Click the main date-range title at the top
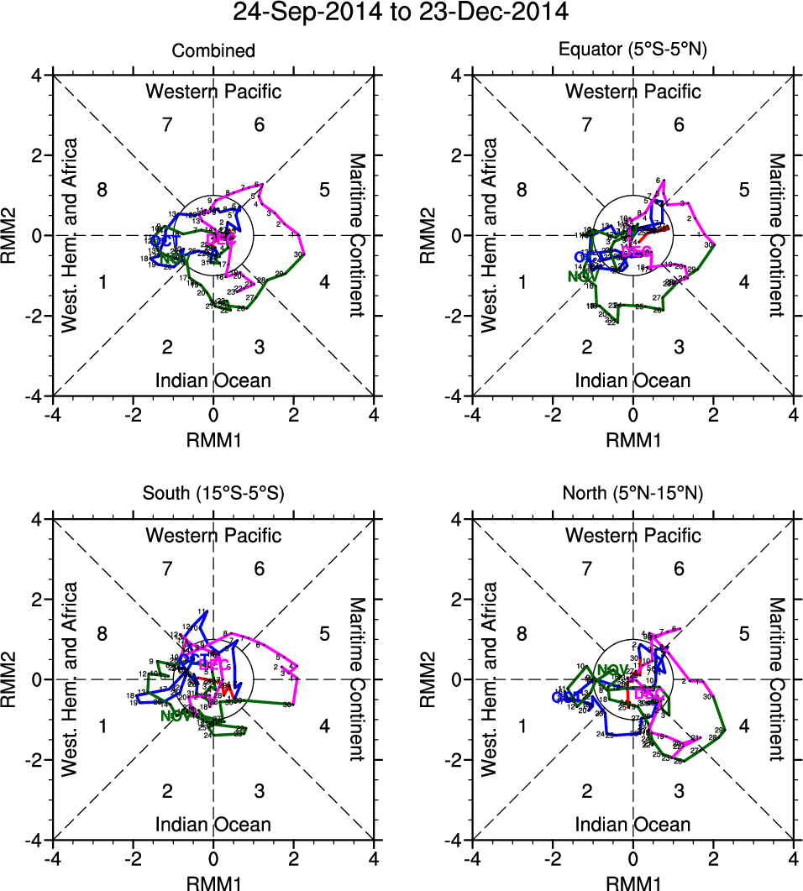(x=401, y=13)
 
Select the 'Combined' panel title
(x=213, y=51)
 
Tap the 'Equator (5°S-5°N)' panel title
(x=633, y=51)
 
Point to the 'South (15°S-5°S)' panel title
(x=213, y=495)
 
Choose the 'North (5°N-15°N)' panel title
(x=633, y=495)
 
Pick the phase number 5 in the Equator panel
(x=743, y=189)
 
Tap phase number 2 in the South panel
(x=167, y=791)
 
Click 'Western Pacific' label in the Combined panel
(x=213, y=92)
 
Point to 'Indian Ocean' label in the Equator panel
(x=633, y=380)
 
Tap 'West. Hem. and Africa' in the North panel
(x=490, y=677)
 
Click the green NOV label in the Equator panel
(x=579, y=275)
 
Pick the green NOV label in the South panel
(x=176, y=716)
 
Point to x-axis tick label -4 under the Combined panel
(x=52, y=414)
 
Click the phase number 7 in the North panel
(x=587, y=569)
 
